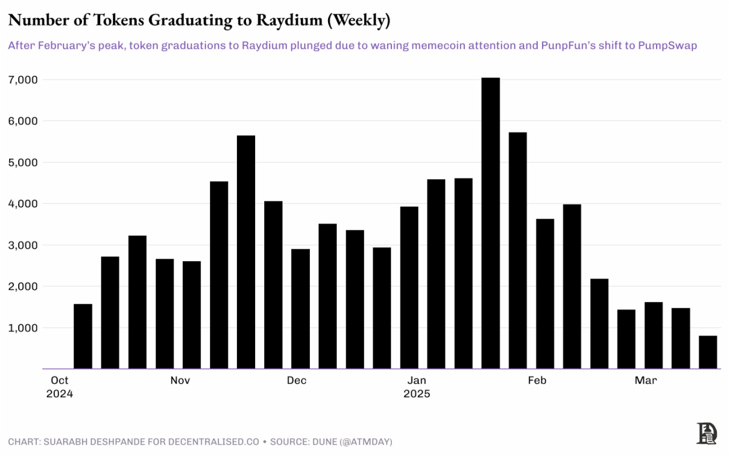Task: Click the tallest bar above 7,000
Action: point(490,223)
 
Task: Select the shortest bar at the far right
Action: point(708,352)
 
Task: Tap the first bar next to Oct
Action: point(83,336)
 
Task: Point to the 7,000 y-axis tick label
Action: point(23,80)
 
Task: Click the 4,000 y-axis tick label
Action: point(23,204)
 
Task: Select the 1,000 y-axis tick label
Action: point(23,328)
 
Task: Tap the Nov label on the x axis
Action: point(180,381)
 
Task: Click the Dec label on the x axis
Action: point(296,381)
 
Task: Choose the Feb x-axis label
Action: point(537,381)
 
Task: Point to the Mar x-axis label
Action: point(645,381)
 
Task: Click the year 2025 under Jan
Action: point(417,394)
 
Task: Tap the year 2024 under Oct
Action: point(60,394)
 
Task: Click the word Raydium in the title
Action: point(289,20)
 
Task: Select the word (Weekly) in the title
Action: point(359,20)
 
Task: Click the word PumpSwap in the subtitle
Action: point(667,46)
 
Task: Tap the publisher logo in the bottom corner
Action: point(707,433)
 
